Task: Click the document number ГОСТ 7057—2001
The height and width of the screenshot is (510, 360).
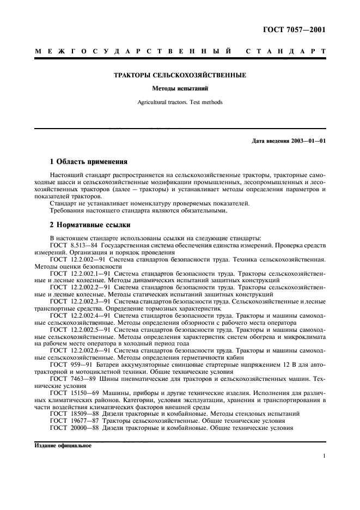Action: pyautogui.click(x=295, y=29)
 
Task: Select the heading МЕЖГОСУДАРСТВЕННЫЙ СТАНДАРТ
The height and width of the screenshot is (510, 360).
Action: pyautogui.click(x=180, y=52)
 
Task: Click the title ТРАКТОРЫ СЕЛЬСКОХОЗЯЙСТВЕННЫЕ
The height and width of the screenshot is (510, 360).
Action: pyautogui.click(x=180, y=75)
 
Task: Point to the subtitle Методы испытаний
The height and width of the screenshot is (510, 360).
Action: pyautogui.click(x=180, y=88)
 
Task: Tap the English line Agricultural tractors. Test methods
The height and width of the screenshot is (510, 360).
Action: pyautogui.click(x=180, y=102)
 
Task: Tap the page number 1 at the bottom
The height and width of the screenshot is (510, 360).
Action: pyautogui.click(x=324, y=457)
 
